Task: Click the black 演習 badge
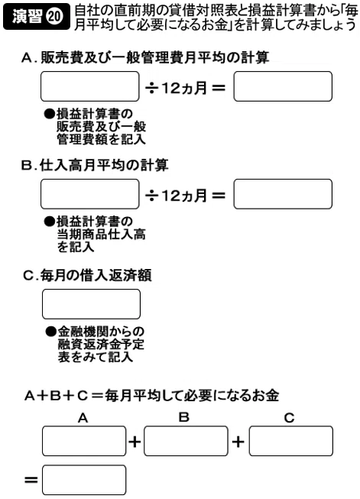pyautogui.click(x=36, y=16)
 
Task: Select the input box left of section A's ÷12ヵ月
pyautogui.click(x=90, y=86)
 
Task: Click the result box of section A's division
pyautogui.click(x=283, y=86)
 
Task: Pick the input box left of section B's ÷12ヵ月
pyautogui.click(x=90, y=194)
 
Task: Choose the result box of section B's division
pyautogui.click(x=283, y=194)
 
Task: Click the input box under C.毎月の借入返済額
pyautogui.click(x=92, y=304)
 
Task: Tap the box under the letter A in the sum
pyautogui.click(x=84, y=441)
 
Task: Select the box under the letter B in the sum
pyautogui.click(x=186, y=441)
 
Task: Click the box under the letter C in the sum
pyautogui.click(x=291, y=441)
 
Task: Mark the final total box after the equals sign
pyautogui.click(x=84, y=480)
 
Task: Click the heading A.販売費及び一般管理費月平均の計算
pyautogui.click(x=145, y=57)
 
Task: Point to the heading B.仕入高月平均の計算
pyautogui.click(x=95, y=165)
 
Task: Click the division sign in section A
pyautogui.click(x=152, y=88)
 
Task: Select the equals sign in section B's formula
pyautogui.click(x=219, y=196)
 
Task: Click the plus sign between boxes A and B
pyautogui.click(x=135, y=442)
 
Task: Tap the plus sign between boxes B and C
pyautogui.click(x=238, y=442)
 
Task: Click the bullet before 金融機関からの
pyautogui.click(x=50, y=332)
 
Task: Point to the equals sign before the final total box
pyautogui.click(x=31, y=480)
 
